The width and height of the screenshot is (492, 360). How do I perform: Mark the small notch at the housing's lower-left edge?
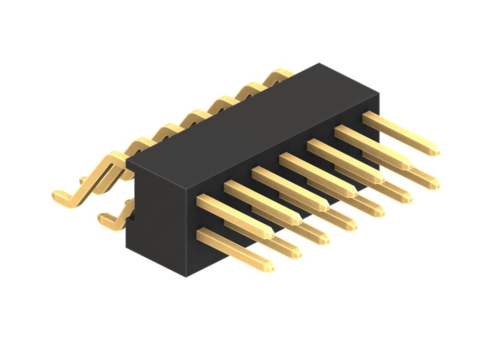click(130, 221)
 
